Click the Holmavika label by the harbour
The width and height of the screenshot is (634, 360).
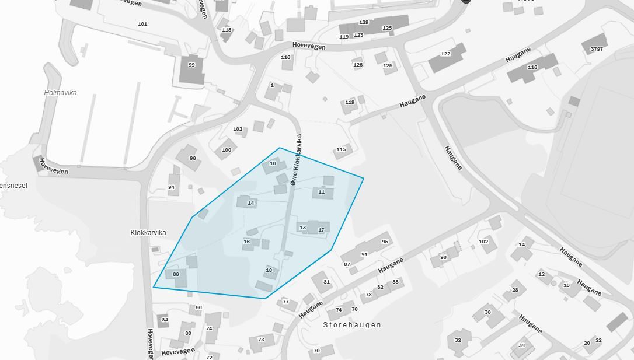tap(61, 93)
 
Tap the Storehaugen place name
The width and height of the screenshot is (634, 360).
tap(352, 325)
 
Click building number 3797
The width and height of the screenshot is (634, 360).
tap(597, 49)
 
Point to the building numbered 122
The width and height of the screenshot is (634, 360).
tap(445, 54)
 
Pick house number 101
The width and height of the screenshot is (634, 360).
tap(142, 24)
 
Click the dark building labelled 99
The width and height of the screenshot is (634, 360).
tap(191, 65)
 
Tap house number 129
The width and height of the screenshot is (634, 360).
tap(364, 22)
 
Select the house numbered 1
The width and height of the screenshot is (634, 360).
tap(272, 85)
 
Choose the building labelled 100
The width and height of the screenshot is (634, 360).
tap(227, 150)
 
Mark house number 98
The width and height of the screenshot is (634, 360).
tap(193, 158)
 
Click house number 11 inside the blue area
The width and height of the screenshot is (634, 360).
tap(321, 192)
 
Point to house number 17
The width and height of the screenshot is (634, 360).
tap(321, 230)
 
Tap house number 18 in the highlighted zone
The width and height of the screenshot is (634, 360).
tap(269, 270)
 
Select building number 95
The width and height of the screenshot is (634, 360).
tap(385, 242)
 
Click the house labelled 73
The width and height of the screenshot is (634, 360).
tap(261, 340)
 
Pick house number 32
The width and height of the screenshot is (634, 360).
tap(458, 340)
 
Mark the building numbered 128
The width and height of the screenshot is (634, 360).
tap(388, 65)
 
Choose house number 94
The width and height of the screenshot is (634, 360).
tap(171, 187)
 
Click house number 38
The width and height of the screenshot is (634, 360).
tap(521, 345)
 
